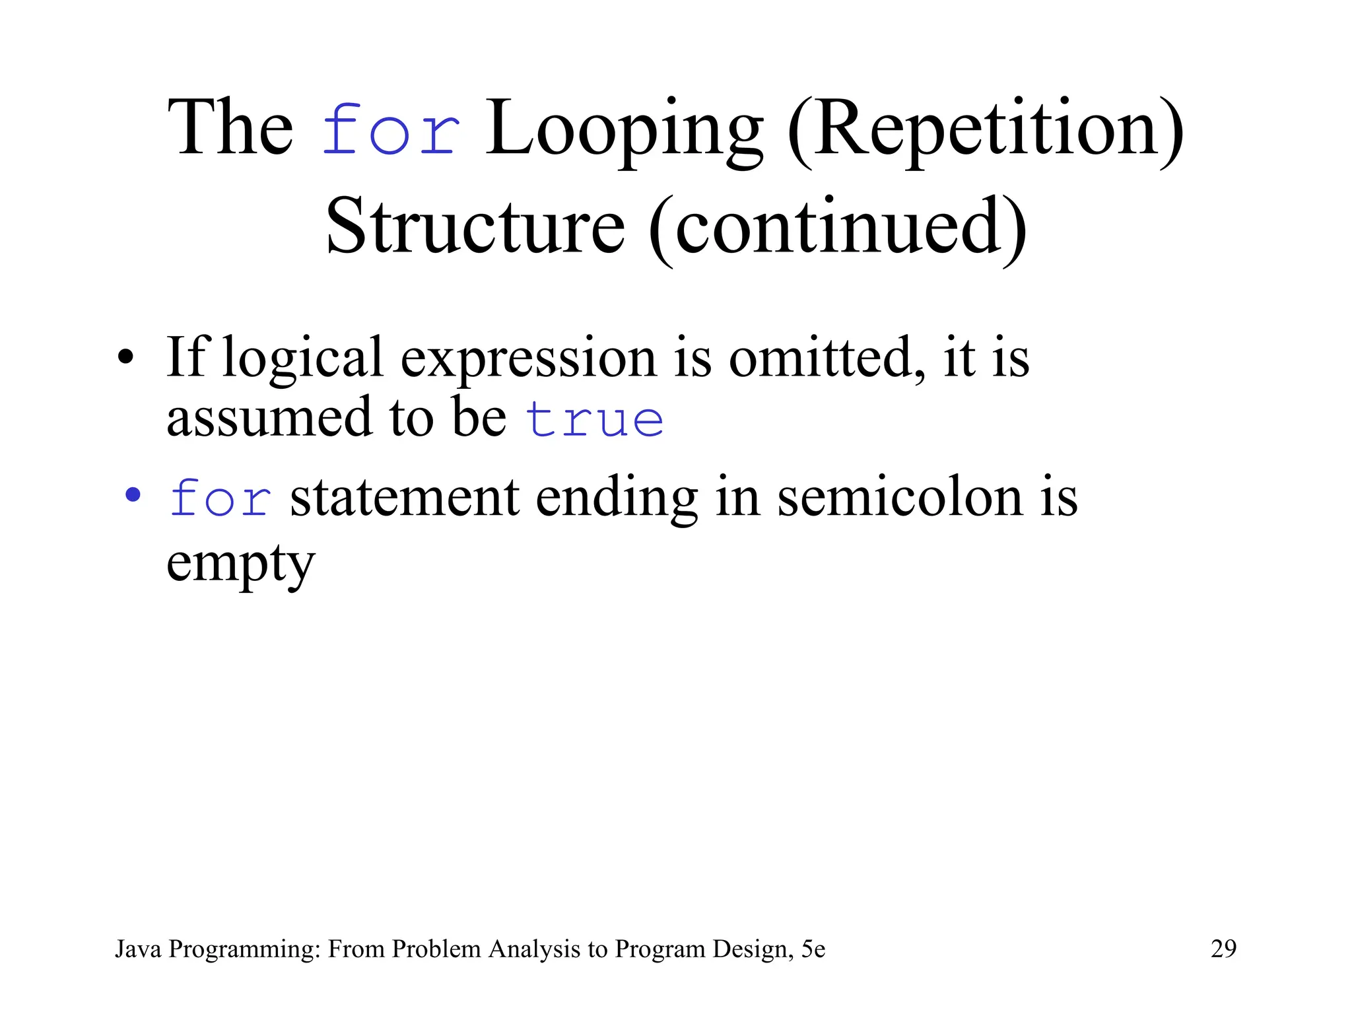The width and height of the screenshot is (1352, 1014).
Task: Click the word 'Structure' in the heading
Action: tap(475, 228)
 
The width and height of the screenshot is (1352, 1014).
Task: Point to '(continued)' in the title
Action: tap(838, 228)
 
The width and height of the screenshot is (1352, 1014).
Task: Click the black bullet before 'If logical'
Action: tap(125, 357)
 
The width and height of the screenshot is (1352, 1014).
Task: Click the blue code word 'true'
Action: tap(595, 420)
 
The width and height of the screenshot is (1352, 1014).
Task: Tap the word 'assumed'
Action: tap(269, 417)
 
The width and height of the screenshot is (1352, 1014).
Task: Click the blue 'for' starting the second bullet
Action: tap(220, 498)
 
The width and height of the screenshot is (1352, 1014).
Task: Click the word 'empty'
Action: tap(240, 563)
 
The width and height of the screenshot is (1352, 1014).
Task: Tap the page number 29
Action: tap(1223, 949)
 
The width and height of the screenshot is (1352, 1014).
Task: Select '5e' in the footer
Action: tap(813, 949)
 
